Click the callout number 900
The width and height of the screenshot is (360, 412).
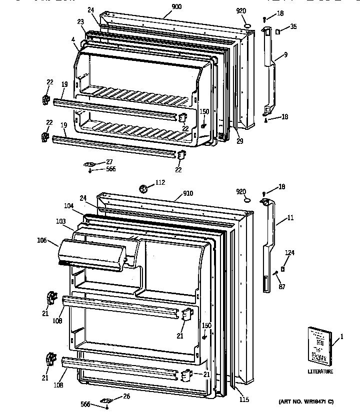click(162, 6)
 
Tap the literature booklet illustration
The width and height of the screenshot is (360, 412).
click(319, 345)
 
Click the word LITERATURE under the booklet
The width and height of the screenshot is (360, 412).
click(320, 372)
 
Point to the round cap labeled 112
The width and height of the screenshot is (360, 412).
click(143, 188)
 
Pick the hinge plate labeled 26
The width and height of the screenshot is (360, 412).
click(106, 400)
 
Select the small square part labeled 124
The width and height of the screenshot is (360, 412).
click(283, 268)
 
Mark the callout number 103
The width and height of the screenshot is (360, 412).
click(60, 220)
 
